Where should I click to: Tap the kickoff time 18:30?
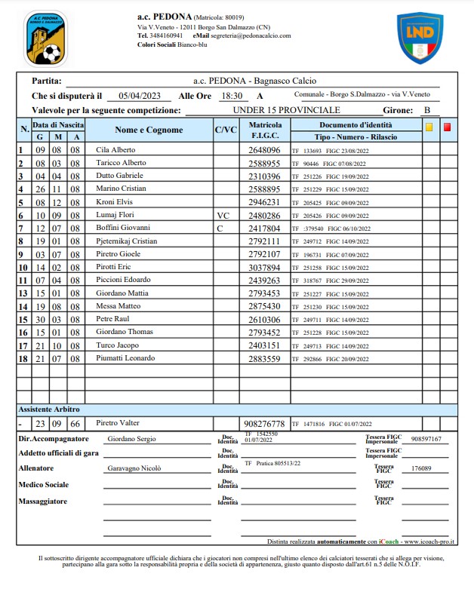click(231, 96)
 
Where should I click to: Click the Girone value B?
click(427, 110)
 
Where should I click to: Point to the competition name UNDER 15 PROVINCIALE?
click(286, 110)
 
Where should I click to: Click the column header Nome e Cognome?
click(149, 130)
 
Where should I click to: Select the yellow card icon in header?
click(429, 127)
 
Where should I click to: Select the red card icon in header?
click(447, 127)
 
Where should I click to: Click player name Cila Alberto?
click(115, 150)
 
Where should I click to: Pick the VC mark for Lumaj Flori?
click(222, 214)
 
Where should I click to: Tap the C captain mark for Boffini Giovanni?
click(220, 227)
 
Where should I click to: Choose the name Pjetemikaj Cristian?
click(127, 241)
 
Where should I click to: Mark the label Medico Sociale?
click(45, 484)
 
